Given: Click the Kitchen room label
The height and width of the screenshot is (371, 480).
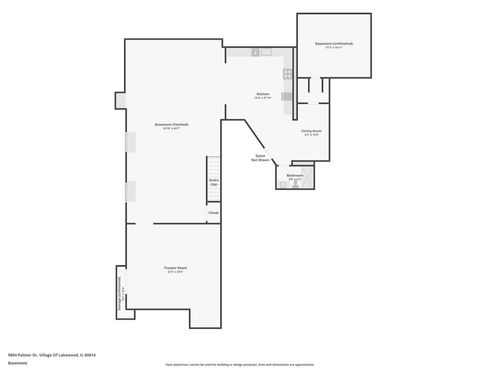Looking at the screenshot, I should tap(262, 93).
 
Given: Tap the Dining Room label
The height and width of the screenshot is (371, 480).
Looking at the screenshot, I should tap(311, 130).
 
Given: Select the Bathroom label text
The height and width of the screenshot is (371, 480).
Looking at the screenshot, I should tap(294, 176).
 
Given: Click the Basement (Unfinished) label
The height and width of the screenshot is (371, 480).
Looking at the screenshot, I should tap(334, 44).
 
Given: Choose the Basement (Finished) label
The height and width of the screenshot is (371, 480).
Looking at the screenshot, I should tap(172, 124).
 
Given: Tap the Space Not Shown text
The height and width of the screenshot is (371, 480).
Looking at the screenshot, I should tap(260, 158).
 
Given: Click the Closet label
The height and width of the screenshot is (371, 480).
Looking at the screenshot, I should tap(214, 213).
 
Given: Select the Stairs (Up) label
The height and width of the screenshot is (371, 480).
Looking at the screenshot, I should tap(214, 183).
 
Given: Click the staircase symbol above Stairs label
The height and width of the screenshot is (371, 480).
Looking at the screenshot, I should tap(213, 166).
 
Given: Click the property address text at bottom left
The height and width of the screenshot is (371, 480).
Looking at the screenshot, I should tap(42, 355).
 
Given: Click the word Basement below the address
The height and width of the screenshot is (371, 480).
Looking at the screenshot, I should tap(17, 362).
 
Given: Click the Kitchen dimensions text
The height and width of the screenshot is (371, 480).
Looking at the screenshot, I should tap(262, 98).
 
